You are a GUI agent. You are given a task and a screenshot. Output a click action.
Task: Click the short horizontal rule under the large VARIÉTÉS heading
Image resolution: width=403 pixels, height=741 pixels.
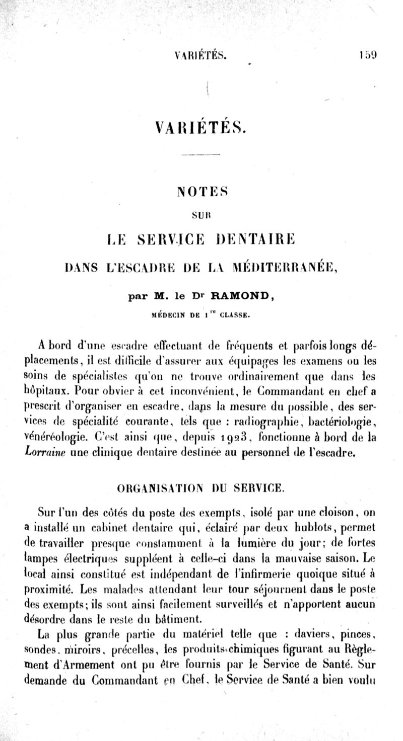pos(200,154)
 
